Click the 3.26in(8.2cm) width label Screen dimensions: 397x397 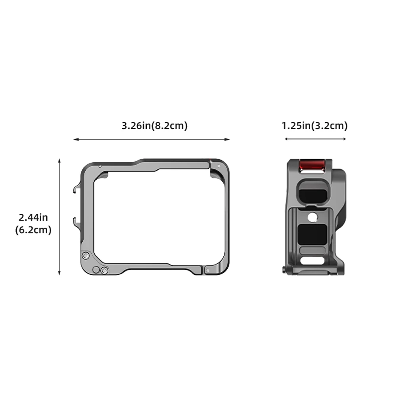(x=154, y=126)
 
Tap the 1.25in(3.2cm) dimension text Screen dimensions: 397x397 (x=315, y=126)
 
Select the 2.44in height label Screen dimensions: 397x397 (x=33, y=217)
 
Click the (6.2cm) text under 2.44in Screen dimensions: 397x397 (x=33, y=230)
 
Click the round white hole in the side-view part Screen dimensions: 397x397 (x=312, y=217)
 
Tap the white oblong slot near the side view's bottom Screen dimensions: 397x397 (x=312, y=261)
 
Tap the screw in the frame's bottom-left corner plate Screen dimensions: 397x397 (x=104, y=271)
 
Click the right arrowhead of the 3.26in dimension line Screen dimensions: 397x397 (x=228, y=139)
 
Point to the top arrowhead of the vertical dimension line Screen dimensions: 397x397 (x=59, y=161)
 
